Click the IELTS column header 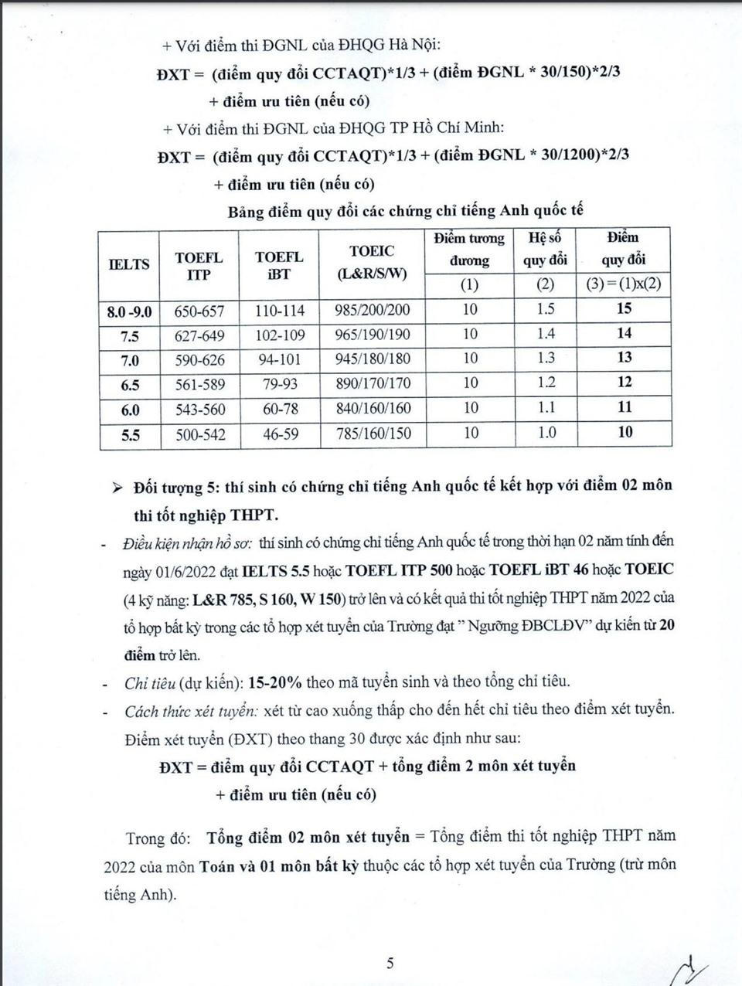pos(129,263)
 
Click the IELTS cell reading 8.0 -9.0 pos(129,311)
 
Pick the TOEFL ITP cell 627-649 pos(199,335)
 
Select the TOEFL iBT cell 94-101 pos(279,359)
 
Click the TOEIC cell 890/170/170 pos(373,384)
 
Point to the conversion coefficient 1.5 pos(546,309)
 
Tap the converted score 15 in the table pos(624,308)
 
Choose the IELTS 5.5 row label pos(130,435)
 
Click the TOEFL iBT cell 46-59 pos(280,434)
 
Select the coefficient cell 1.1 pos(546,407)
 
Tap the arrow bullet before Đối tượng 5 pos(117,488)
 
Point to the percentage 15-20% pos(279,682)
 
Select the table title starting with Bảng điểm pos(405,211)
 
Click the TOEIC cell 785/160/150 pos(373,434)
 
